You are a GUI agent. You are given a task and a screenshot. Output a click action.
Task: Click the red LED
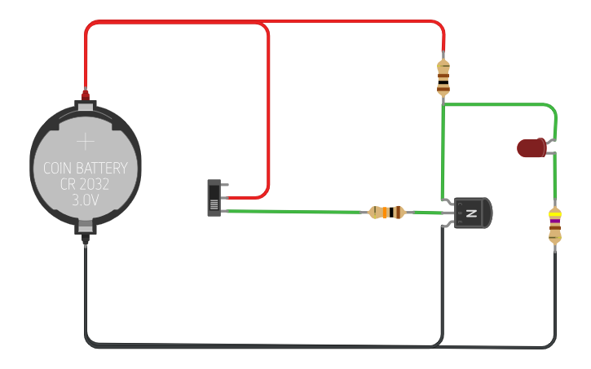point(531,147)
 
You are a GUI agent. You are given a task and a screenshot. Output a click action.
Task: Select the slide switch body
point(214,198)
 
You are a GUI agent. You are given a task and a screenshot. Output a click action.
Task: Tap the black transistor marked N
point(473,213)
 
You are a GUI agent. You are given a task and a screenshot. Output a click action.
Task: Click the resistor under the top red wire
point(443,78)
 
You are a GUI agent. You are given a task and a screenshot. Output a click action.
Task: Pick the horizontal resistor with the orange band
point(386,213)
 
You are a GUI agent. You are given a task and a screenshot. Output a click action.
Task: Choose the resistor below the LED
point(555,225)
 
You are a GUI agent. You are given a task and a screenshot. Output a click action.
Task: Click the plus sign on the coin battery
point(86,142)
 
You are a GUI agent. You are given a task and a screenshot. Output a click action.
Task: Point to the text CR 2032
point(85,184)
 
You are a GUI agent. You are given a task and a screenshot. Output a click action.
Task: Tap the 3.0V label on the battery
point(85,200)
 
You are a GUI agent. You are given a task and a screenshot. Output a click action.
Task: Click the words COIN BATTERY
point(86,168)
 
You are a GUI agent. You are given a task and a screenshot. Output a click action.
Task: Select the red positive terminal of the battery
point(86,95)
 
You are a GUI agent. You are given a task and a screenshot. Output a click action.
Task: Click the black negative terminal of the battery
point(86,238)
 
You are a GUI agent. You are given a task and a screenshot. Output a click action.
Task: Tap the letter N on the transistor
point(471,213)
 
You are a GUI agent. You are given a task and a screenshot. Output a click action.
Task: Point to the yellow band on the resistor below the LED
point(555,215)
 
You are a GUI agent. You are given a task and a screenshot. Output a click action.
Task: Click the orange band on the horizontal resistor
point(385,213)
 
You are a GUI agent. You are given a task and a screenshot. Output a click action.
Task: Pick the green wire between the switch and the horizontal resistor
point(295,212)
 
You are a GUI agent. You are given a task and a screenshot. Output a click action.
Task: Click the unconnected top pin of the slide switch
point(225,184)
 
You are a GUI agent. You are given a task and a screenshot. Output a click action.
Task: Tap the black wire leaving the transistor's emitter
point(442,286)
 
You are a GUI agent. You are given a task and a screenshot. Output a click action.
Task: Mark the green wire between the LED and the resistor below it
point(555,177)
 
